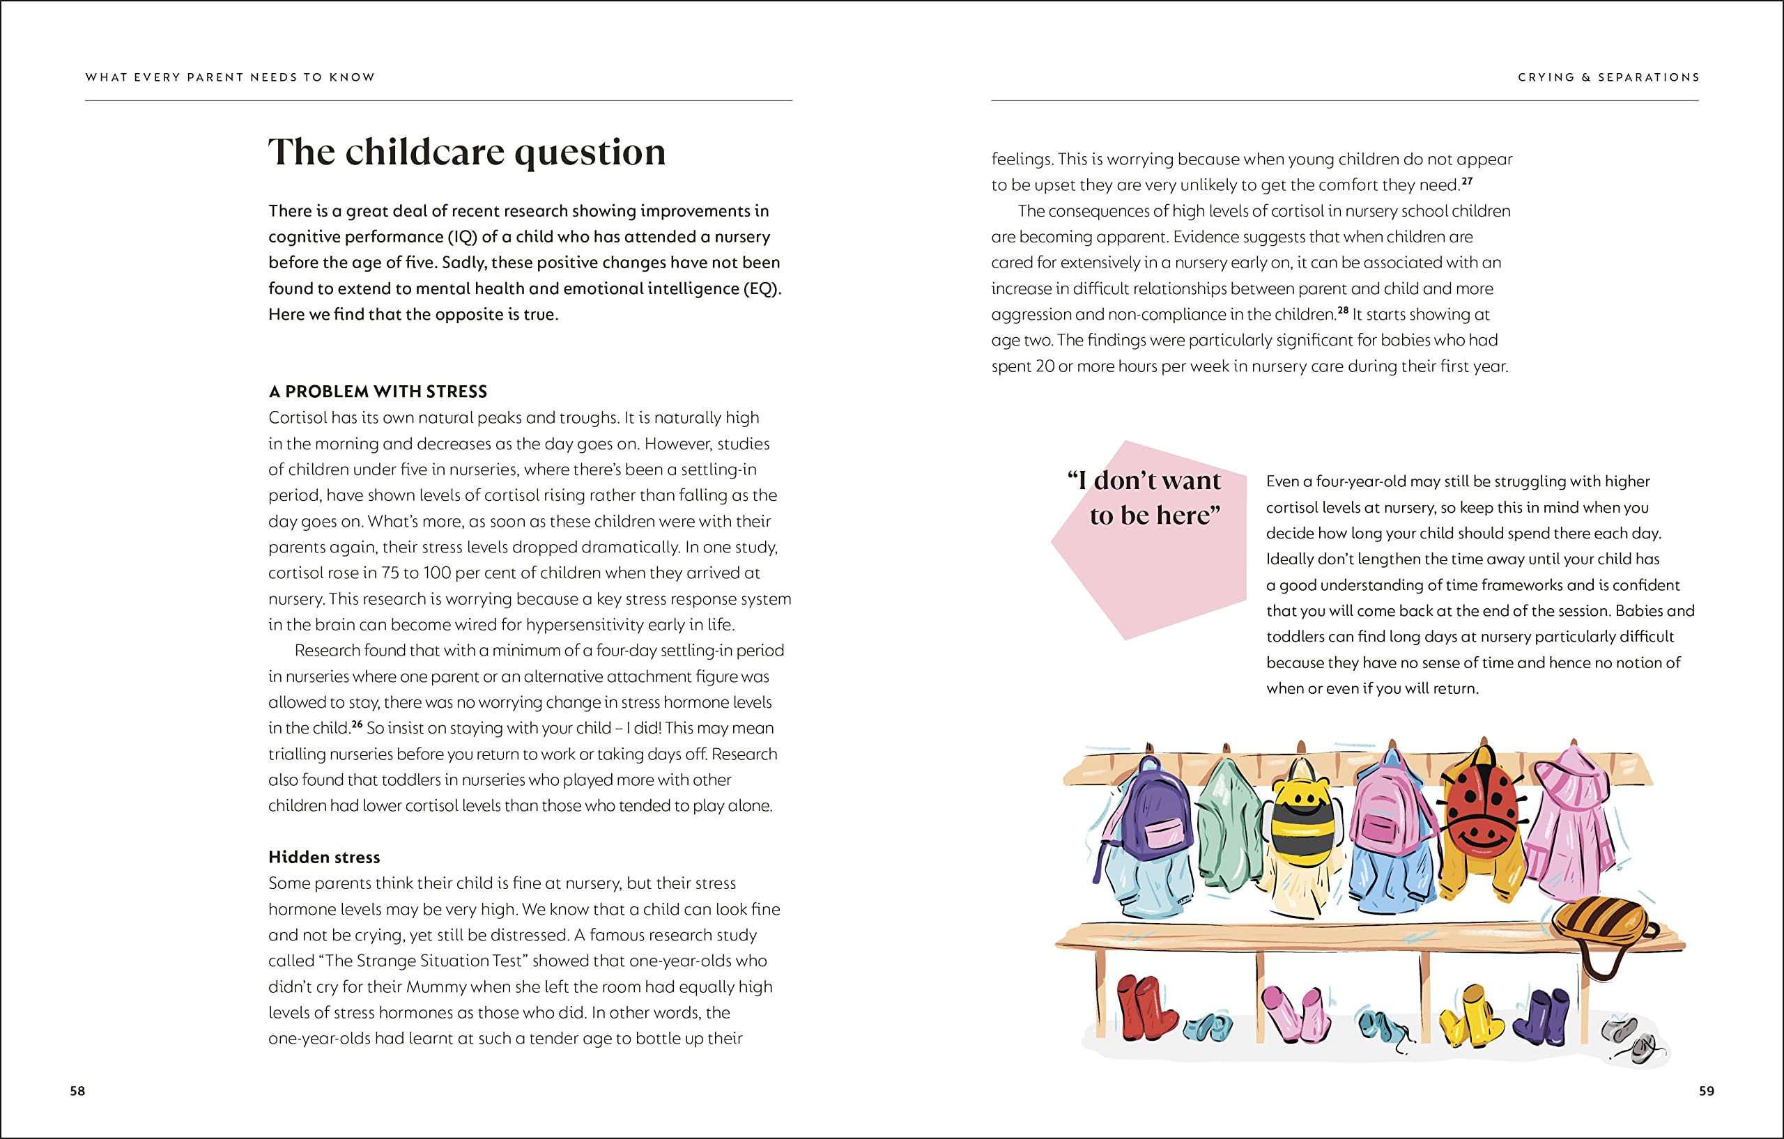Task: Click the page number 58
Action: click(x=78, y=1091)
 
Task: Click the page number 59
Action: click(x=1706, y=1091)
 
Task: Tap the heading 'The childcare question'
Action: click(x=466, y=152)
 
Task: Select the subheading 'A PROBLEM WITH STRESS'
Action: click(x=378, y=391)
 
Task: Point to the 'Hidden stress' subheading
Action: click(x=324, y=857)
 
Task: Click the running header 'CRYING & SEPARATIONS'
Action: click(x=1608, y=77)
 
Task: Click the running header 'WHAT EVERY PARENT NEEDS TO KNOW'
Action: click(x=231, y=77)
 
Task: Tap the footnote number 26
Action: click(x=357, y=724)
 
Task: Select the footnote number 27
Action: click(x=1467, y=180)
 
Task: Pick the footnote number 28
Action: click(x=1343, y=310)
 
